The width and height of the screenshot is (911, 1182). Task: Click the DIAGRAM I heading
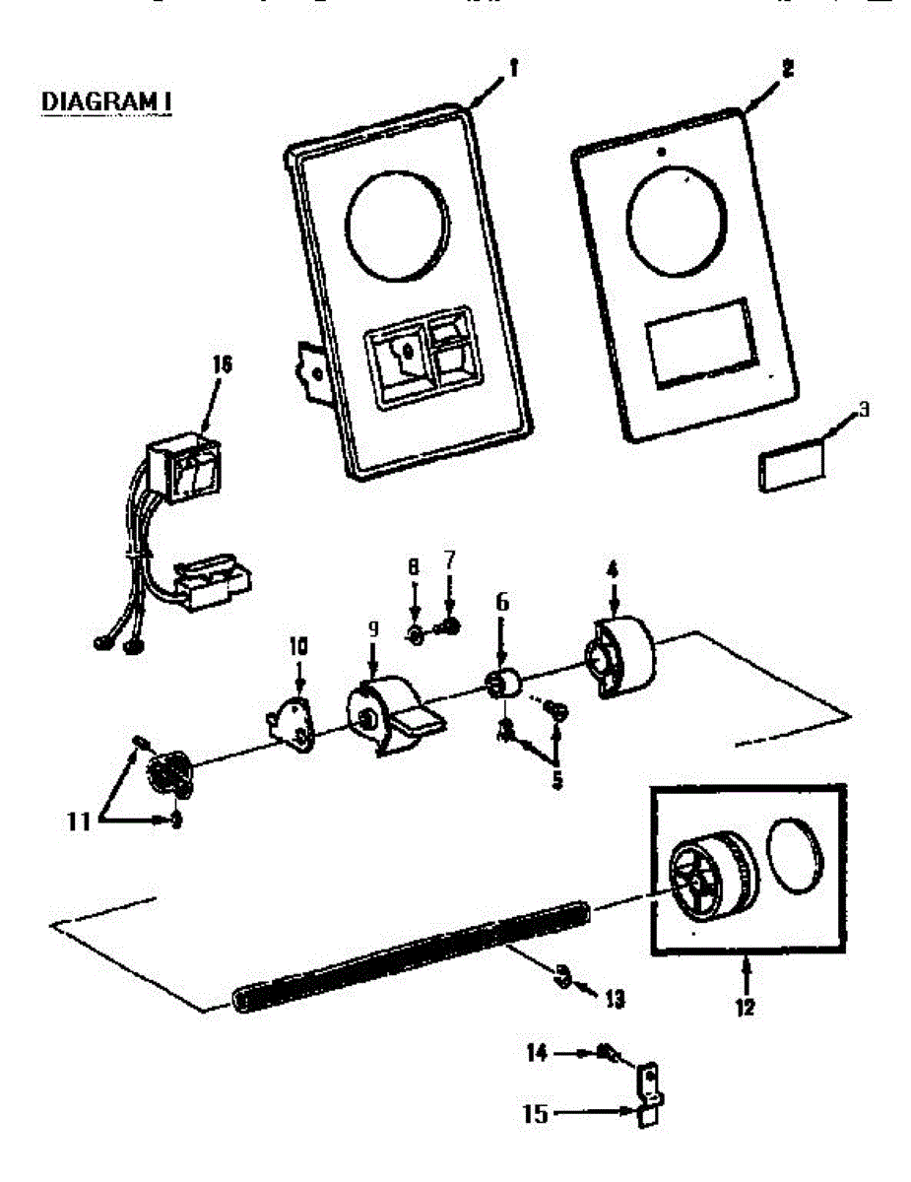pos(107,101)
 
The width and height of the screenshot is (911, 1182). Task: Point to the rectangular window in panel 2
pos(702,341)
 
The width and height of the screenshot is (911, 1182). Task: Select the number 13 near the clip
pos(616,999)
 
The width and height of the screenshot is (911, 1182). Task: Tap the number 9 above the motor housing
pos(373,627)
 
